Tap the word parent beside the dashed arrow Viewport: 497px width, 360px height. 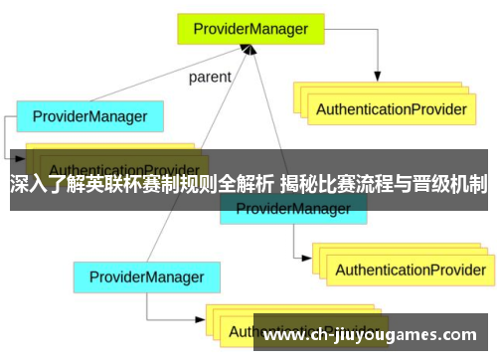[x=210, y=77]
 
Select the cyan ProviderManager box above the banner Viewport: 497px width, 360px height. [x=89, y=117]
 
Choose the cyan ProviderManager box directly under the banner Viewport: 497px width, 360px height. [x=292, y=208]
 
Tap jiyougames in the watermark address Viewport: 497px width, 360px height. [x=388, y=334]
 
